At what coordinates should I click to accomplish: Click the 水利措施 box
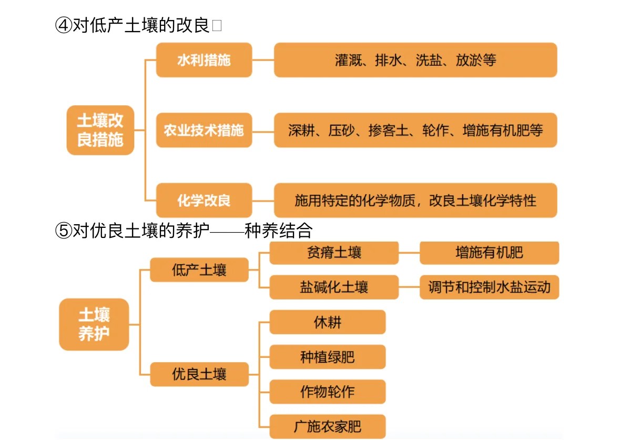click(x=204, y=60)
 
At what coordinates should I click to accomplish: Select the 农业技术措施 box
click(x=204, y=130)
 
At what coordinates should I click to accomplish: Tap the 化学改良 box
click(x=204, y=201)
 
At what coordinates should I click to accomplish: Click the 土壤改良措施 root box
click(x=100, y=130)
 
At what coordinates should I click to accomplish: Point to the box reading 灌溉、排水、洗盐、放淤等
click(x=415, y=60)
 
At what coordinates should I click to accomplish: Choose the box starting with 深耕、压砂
click(x=415, y=130)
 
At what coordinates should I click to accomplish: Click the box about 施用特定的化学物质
click(x=415, y=201)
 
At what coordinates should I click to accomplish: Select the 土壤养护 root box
click(x=94, y=324)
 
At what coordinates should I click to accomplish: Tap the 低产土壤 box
click(x=199, y=270)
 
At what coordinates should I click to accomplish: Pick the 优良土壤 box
click(x=199, y=374)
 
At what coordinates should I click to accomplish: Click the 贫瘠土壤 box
click(x=334, y=253)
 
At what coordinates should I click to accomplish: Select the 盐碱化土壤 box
click(x=334, y=287)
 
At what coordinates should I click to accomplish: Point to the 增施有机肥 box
click(x=489, y=253)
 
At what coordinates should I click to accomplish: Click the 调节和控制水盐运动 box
click(x=489, y=287)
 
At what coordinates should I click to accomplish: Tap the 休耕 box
click(x=327, y=322)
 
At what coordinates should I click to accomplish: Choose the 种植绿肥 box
click(x=327, y=357)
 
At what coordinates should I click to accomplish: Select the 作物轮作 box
click(x=327, y=392)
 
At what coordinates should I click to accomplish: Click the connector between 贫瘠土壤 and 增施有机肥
click(x=409, y=253)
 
